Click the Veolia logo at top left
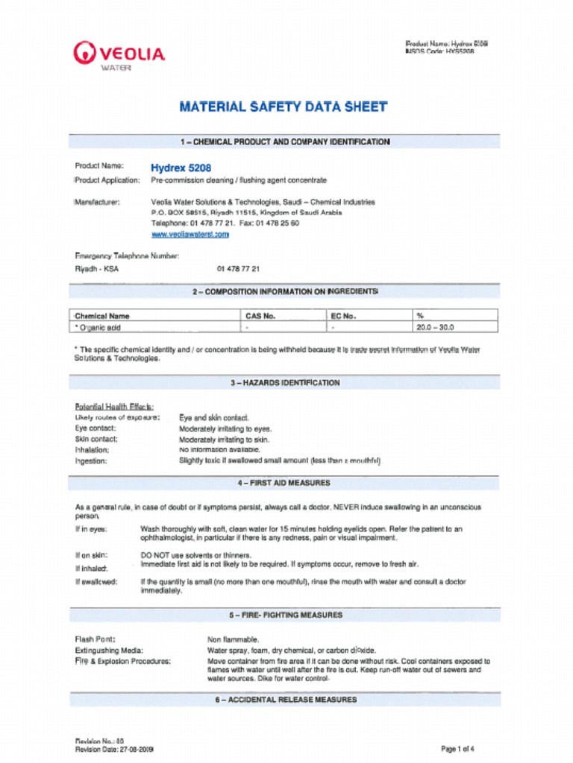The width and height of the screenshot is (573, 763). (x=119, y=55)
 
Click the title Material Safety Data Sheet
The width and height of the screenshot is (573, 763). (x=284, y=107)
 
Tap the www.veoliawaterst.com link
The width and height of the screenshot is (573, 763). (x=190, y=234)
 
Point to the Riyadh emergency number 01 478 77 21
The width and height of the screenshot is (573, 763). (x=238, y=269)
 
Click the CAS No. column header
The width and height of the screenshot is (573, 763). (x=260, y=316)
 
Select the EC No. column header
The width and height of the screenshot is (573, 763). (x=343, y=316)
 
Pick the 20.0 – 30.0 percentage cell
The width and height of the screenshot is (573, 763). (x=434, y=327)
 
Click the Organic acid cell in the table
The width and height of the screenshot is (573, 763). (x=98, y=327)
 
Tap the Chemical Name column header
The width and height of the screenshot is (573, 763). (x=102, y=316)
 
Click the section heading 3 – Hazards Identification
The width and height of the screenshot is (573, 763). (x=284, y=383)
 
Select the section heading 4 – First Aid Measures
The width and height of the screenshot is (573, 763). (x=284, y=483)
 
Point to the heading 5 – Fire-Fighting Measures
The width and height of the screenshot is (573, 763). (x=285, y=615)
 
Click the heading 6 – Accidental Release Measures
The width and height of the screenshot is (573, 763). (x=285, y=700)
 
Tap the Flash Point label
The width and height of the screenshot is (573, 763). (x=95, y=639)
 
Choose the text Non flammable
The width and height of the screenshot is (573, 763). (x=233, y=639)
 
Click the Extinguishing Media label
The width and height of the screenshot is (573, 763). (x=109, y=650)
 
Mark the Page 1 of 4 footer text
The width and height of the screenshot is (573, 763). (x=457, y=749)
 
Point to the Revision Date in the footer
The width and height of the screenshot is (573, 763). (x=114, y=750)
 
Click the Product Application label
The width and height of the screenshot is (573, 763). (x=107, y=180)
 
